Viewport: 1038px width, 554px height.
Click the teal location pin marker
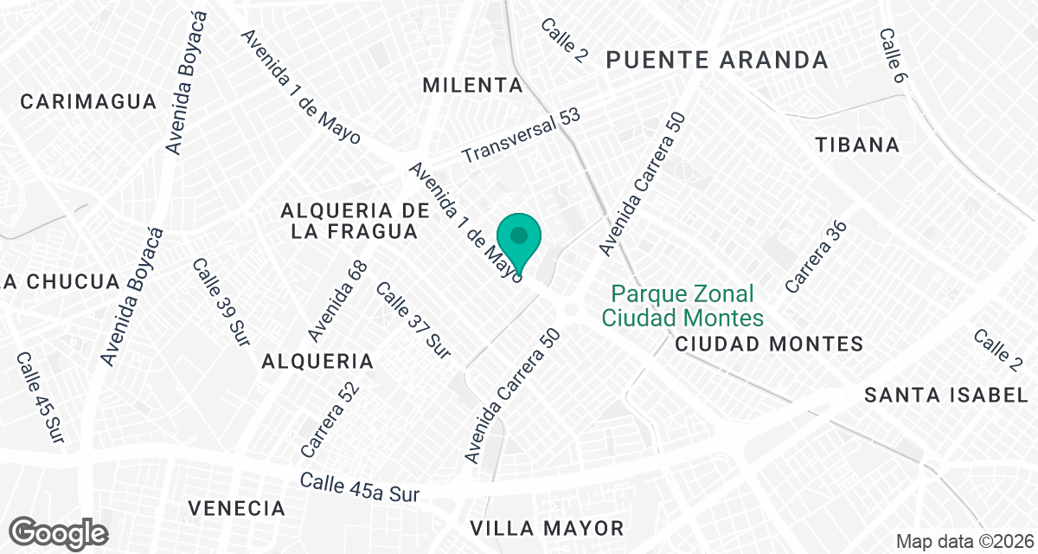(x=519, y=240)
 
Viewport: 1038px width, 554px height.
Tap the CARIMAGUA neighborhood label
(x=89, y=102)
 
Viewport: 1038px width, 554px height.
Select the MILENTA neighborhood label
(x=473, y=86)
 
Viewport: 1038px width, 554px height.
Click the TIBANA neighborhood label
(x=857, y=145)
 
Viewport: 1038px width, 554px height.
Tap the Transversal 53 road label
(x=521, y=136)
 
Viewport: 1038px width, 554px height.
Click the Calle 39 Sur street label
(x=221, y=299)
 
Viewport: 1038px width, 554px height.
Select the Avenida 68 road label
(x=338, y=300)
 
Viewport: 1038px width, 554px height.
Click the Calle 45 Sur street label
(x=40, y=394)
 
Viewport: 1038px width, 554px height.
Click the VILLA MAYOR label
(x=546, y=528)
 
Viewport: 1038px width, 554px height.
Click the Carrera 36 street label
(x=816, y=254)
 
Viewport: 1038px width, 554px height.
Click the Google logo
(x=60, y=531)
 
